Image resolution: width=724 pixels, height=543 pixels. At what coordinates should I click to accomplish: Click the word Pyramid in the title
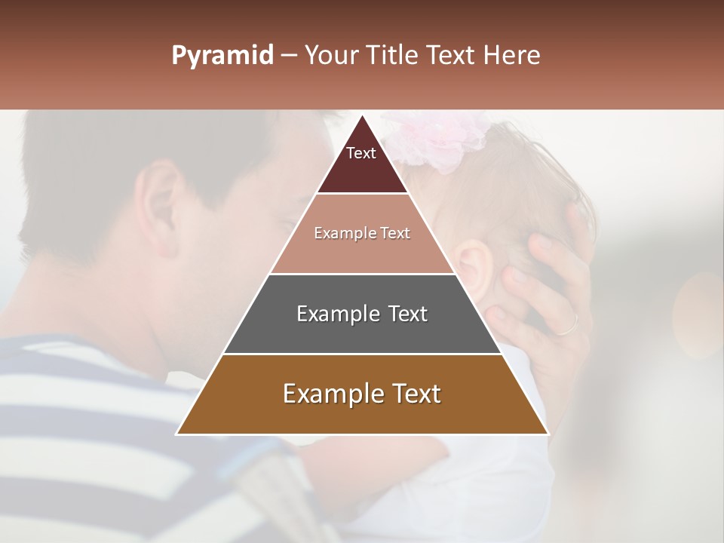pos(222,56)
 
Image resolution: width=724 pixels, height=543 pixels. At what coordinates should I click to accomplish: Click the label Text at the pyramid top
pos(361,153)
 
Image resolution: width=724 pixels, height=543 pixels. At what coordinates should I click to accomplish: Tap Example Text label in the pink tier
pos(362,233)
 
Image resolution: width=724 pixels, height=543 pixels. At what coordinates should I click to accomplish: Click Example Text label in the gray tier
pos(362,314)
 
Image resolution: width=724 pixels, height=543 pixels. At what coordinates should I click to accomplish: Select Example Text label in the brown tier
pos(362,394)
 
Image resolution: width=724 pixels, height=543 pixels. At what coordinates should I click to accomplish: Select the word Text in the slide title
pos(452,56)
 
